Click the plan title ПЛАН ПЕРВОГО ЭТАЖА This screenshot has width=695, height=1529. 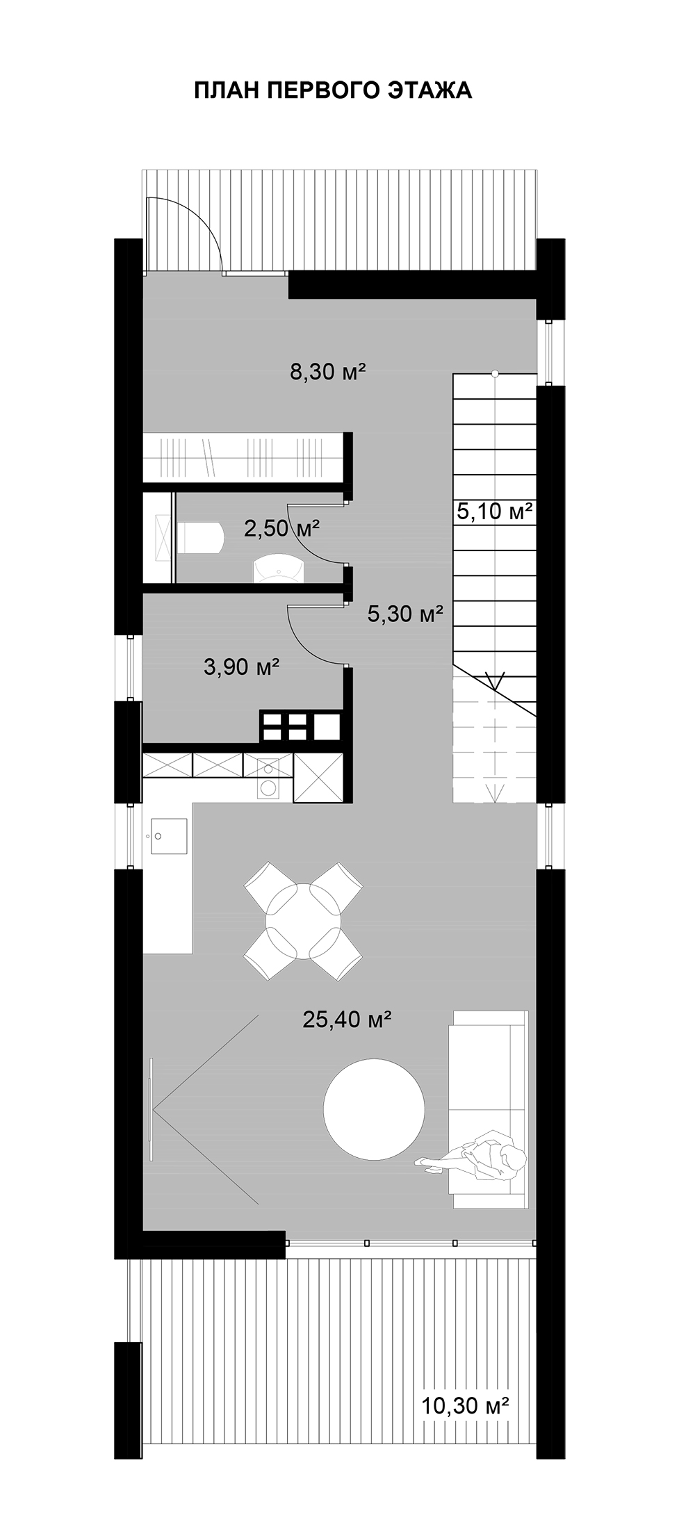(x=333, y=90)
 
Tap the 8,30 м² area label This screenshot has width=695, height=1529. (x=328, y=373)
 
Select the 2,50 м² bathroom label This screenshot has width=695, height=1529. (x=281, y=529)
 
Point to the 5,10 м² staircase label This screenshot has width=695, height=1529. (x=495, y=512)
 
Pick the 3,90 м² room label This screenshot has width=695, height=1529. (x=242, y=667)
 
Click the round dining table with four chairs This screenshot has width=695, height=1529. (x=304, y=921)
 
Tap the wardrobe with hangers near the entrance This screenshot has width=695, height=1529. (x=244, y=456)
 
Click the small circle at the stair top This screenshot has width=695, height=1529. (x=495, y=373)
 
